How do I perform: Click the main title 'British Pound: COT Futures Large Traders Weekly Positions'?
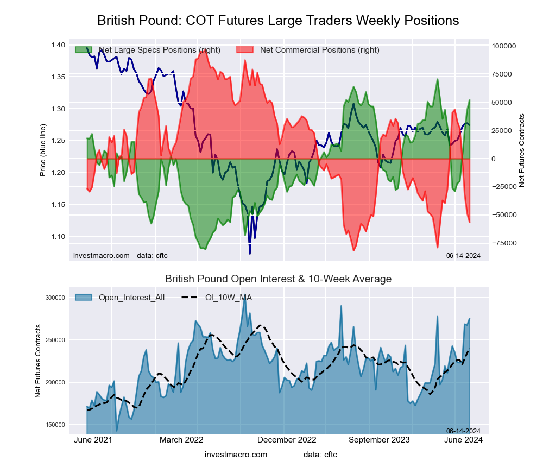(278, 20)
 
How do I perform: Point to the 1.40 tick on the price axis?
(59, 45)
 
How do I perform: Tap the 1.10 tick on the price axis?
(59, 237)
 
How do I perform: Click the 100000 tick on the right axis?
(504, 46)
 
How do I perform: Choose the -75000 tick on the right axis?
(504, 243)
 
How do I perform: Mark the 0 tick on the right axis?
(494, 159)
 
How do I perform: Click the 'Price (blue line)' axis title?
(43, 150)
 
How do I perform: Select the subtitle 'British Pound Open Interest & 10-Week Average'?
(278, 279)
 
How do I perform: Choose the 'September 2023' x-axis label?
(378, 440)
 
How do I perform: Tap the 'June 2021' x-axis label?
(93, 440)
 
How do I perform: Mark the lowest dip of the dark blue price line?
(250, 253)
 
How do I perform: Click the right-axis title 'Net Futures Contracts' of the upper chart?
(522, 150)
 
